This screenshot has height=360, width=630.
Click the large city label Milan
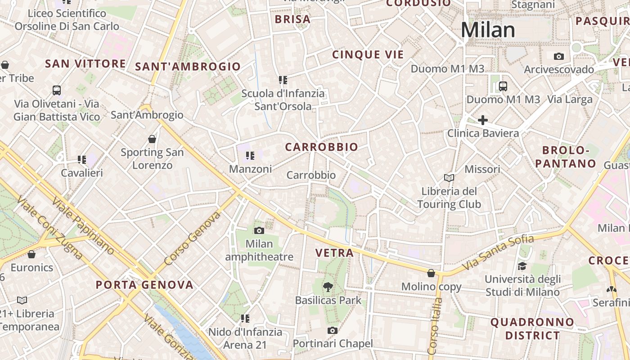[488, 30]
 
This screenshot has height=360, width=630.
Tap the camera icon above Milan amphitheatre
[259, 231]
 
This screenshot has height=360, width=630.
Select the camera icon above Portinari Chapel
[333, 331]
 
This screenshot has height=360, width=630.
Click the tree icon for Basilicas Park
[328, 287]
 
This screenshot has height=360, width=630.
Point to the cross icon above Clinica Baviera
[482, 120]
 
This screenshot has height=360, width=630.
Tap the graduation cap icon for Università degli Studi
[522, 266]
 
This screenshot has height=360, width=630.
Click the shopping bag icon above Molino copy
[431, 273]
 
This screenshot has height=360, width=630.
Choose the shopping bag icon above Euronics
[31, 255]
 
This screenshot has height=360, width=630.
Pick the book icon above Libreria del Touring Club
[449, 178]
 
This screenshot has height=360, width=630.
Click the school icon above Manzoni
[250, 156]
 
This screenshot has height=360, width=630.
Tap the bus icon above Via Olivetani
[57, 90]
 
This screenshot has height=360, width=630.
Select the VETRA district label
[334, 253]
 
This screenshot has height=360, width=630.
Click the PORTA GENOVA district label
[144, 285]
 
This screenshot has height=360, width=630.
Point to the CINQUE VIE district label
[368, 55]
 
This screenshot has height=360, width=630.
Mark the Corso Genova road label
[192, 238]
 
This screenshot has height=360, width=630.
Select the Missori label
[482, 170]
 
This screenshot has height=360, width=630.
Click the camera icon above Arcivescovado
[559, 57]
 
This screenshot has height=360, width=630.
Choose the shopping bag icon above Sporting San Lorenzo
[152, 139]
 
